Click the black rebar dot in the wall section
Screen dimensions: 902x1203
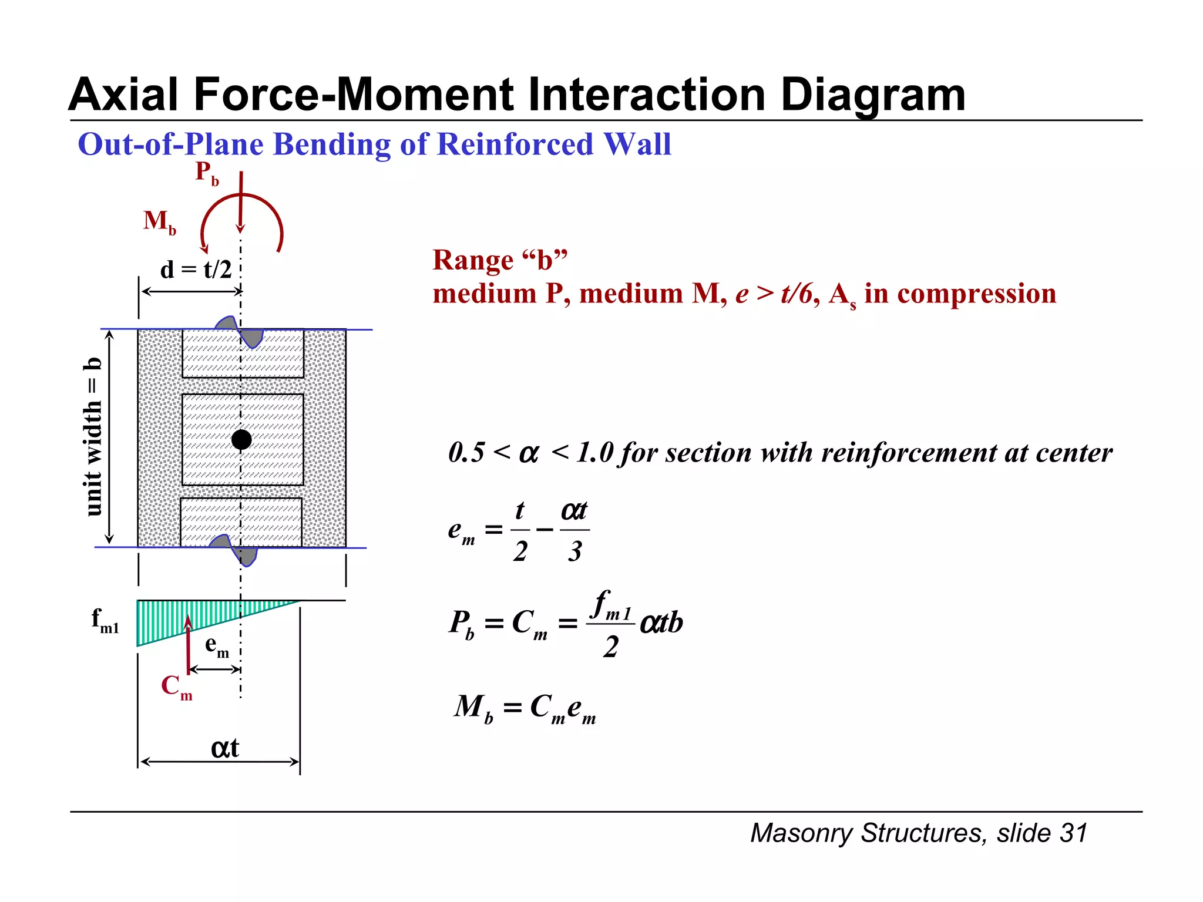click(x=241, y=439)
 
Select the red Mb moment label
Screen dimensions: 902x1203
click(x=159, y=222)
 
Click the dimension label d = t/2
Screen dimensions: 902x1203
click(x=196, y=270)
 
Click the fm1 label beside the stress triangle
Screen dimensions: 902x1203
click(x=105, y=621)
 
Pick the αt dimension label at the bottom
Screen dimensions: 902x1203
click(x=224, y=748)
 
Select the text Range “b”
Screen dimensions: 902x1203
click(x=500, y=260)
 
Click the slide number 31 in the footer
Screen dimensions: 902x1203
click(x=1073, y=833)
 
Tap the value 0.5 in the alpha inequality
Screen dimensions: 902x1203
click(x=466, y=453)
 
